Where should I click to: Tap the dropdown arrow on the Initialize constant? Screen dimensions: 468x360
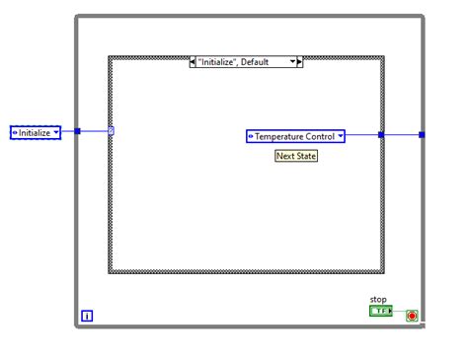point(56,131)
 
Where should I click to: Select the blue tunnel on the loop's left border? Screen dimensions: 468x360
point(77,131)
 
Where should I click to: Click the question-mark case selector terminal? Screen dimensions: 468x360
point(112,131)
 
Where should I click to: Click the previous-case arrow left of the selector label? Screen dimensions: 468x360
point(193,61)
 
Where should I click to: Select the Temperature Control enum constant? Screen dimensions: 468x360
point(292,136)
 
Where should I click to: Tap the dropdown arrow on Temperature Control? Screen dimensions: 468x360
point(340,136)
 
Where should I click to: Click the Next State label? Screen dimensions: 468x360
point(296,156)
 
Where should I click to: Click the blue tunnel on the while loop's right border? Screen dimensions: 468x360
point(423,136)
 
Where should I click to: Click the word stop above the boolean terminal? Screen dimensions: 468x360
point(379,299)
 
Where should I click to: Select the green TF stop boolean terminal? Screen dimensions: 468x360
point(380,312)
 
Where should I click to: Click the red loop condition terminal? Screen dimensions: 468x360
point(412,316)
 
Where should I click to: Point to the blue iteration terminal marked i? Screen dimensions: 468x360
point(87,316)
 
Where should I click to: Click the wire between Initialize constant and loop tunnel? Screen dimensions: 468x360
point(68,131)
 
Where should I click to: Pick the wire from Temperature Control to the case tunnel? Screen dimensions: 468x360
point(362,136)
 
